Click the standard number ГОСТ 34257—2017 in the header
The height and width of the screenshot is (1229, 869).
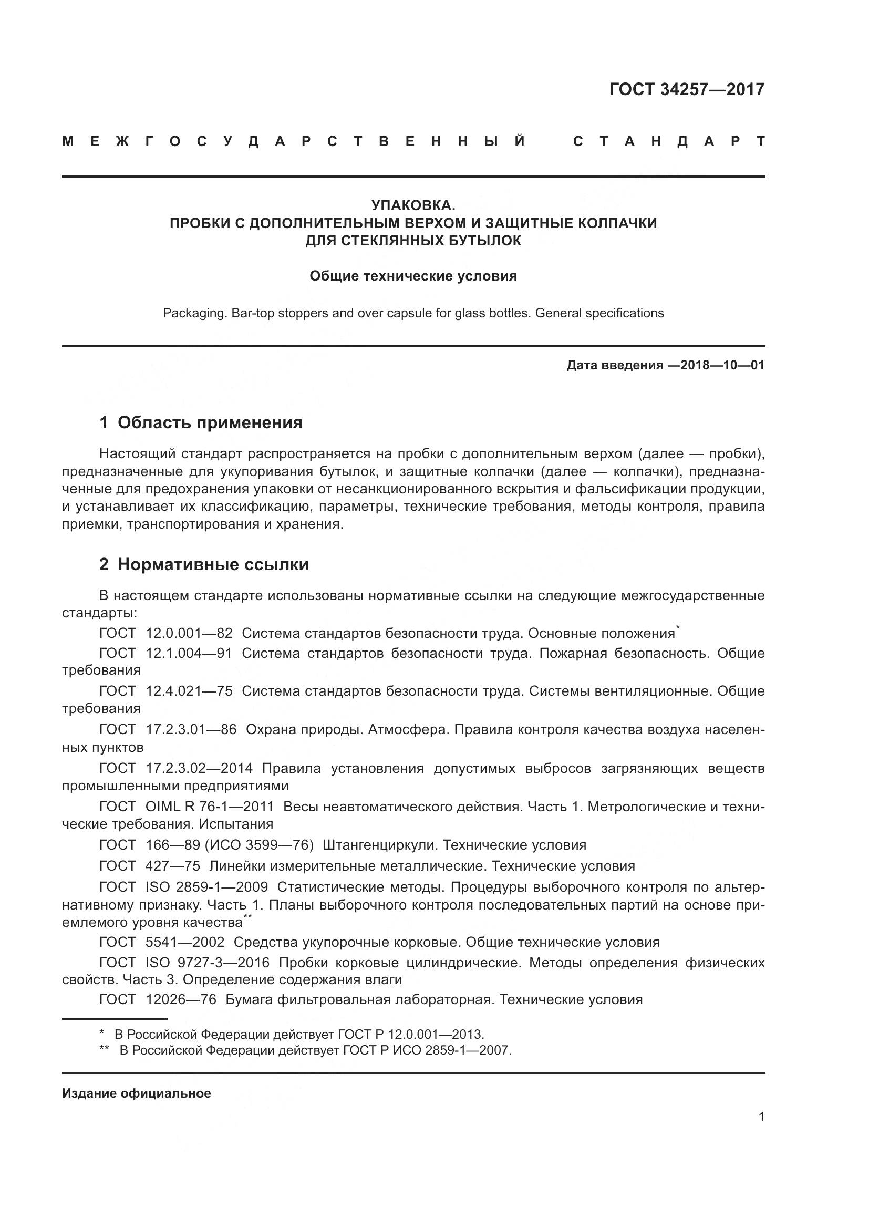687,89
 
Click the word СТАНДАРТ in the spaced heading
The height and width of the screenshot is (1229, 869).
669,142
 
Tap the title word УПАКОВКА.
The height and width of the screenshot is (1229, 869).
413,205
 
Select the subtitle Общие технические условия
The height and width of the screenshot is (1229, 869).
413,276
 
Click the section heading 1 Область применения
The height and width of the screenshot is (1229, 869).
201,423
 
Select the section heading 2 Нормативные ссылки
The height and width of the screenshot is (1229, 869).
204,565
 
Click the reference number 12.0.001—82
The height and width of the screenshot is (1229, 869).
189,634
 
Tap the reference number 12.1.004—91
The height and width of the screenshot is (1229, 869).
189,654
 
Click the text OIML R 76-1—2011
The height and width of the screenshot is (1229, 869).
209,807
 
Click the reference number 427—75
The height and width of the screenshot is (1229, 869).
173,866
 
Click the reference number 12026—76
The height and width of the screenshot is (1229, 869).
181,999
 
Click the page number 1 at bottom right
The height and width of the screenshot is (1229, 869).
761,1117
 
